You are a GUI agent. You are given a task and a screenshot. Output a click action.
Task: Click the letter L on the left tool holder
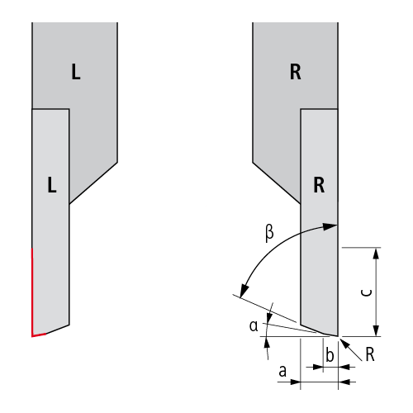pos(76,72)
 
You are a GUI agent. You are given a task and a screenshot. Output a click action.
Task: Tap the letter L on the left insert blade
pos(52,184)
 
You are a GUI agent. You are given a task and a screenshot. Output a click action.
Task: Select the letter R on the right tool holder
pos(296,72)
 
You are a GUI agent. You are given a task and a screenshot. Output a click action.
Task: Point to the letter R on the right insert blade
pos(319,185)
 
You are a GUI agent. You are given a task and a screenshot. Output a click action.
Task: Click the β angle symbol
pos(269,233)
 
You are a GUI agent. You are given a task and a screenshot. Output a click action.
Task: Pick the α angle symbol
pos(254,326)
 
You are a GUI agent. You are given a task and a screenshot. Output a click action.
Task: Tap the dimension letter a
pos(282,371)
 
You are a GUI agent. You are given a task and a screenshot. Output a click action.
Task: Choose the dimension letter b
pos(330,355)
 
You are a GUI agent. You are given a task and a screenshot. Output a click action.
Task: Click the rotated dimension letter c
pos(367,292)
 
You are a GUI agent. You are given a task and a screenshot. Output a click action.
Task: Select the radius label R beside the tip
pos(370,354)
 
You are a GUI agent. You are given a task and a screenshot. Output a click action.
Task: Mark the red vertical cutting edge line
pos(32,292)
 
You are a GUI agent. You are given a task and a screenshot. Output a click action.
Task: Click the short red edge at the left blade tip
pos(39,335)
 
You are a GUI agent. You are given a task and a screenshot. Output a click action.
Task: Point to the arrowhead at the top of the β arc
pos(330,226)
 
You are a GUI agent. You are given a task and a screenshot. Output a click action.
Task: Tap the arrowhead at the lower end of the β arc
pos(244,292)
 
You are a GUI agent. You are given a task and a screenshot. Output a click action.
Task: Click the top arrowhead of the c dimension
pos(376,254)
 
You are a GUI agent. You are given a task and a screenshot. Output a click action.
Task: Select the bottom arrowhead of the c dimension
pos(376,330)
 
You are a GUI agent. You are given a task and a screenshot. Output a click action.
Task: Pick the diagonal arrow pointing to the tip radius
pos(351,349)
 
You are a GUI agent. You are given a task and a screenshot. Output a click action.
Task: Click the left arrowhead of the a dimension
pos(295,382)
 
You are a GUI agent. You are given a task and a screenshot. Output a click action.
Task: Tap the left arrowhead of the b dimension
pos(318,367)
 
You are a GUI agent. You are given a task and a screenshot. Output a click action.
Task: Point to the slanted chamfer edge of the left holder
pos(93,183)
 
